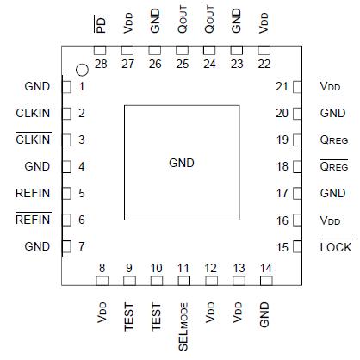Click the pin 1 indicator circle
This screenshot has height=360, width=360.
(x=82, y=70)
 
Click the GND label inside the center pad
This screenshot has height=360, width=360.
(x=181, y=163)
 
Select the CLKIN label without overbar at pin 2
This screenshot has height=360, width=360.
(x=33, y=113)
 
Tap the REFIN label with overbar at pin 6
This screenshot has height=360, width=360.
(x=33, y=220)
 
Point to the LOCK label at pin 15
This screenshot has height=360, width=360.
(x=335, y=247)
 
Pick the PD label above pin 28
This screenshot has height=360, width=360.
(x=101, y=24)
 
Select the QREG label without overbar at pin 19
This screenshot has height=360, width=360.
(x=334, y=140)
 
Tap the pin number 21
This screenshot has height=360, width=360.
(x=281, y=86)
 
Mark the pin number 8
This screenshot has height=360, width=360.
(x=102, y=268)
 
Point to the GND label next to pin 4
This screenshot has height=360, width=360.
(x=37, y=166)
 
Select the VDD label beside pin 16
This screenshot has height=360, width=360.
(x=330, y=220)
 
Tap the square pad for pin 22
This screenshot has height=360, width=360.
(x=264, y=51)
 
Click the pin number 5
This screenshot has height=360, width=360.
(x=82, y=193)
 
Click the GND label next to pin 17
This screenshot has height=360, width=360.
(x=332, y=194)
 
